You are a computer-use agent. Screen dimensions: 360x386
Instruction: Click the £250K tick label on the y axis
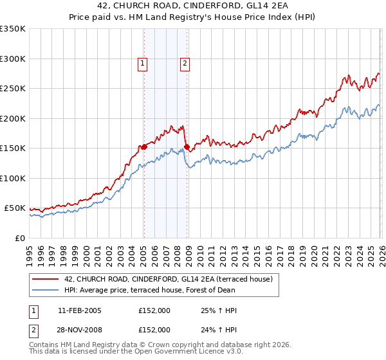click(x=13, y=89)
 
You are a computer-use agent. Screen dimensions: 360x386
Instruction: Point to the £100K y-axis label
click(x=13, y=178)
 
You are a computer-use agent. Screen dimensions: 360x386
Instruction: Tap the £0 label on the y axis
click(x=19, y=238)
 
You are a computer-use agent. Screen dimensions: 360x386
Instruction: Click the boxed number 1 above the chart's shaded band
click(x=142, y=63)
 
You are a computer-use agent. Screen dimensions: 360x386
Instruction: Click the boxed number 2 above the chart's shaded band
click(x=185, y=63)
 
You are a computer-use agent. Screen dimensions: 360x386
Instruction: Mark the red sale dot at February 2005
click(x=144, y=147)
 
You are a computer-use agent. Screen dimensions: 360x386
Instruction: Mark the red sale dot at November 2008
click(x=187, y=147)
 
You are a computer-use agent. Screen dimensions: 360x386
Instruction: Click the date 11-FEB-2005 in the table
click(x=79, y=310)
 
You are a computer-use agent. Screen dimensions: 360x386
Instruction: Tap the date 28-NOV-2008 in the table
click(x=79, y=330)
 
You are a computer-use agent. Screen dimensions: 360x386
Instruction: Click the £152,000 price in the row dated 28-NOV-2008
click(x=154, y=330)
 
